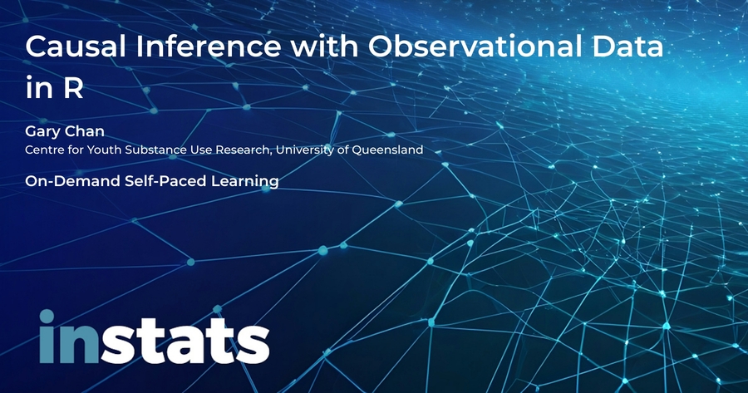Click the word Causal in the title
(x=76, y=47)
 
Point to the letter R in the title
(x=73, y=87)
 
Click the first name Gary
(x=42, y=131)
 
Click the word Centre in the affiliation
(x=41, y=150)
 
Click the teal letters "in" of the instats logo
(x=69, y=337)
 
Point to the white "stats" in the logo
(x=185, y=341)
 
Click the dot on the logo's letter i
(x=47, y=316)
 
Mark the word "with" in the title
(x=324, y=47)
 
